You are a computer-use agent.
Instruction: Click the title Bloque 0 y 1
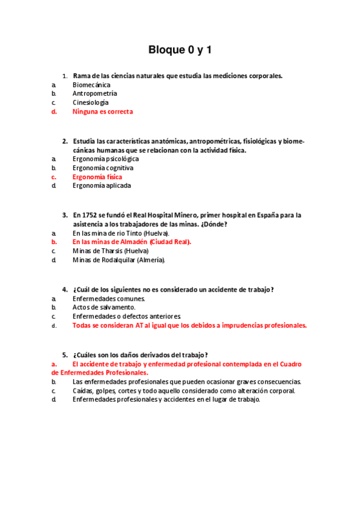[x=180, y=51]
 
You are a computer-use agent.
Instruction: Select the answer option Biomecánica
[x=91, y=85]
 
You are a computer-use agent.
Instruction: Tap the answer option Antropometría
[x=95, y=94]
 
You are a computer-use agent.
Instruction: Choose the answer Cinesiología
[x=91, y=103]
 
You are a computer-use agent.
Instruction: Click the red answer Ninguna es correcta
[x=103, y=112]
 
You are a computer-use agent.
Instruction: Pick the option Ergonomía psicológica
[x=106, y=159]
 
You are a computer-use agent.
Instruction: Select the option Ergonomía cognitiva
[x=103, y=168]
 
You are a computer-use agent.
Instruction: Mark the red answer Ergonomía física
[x=97, y=177]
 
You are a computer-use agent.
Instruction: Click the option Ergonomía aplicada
[x=102, y=186]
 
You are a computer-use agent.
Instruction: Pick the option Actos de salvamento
[x=104, y=307]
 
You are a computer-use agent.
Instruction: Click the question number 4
[x=64, y=289]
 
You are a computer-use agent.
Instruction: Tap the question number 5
[x=64, y=355]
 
